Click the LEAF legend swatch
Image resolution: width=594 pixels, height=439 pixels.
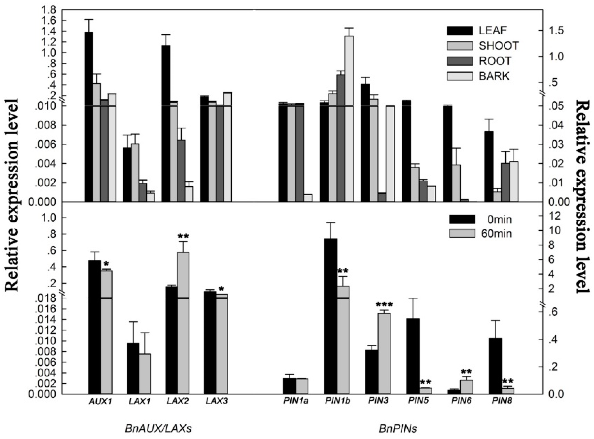460,31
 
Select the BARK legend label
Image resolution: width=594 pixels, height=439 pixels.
494,76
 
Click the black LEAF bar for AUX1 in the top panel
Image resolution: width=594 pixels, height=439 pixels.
89,117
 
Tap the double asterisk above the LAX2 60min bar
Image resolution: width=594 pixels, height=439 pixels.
183,236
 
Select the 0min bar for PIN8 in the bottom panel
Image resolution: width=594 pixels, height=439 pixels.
496,366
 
